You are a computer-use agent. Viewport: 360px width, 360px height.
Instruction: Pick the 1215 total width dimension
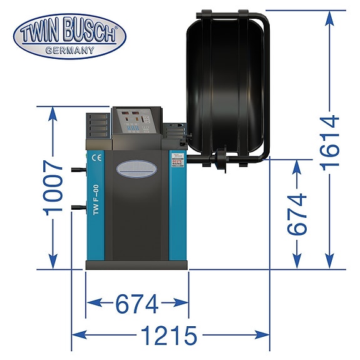(x=169, y=336)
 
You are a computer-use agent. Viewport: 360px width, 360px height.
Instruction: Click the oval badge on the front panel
(x=136, y=168)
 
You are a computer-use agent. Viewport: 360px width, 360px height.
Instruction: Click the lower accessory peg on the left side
(x=78, y=207)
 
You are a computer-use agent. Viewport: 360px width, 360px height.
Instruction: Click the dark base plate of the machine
(x=136, y=264)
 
